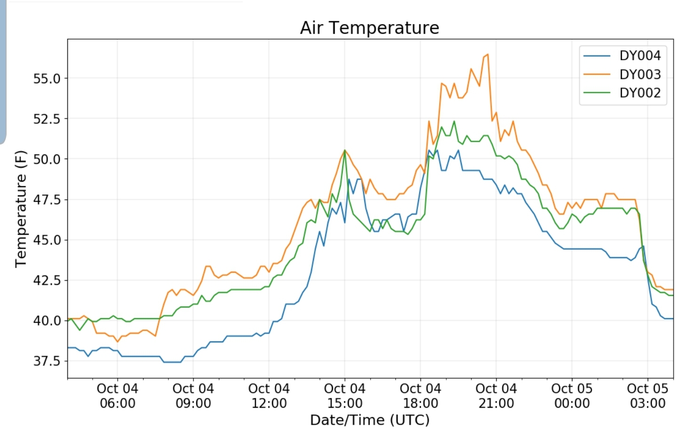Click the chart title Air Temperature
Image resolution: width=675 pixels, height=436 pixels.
370,28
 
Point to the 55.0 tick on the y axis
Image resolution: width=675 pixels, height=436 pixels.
47,79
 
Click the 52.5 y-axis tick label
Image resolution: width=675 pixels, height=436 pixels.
47,119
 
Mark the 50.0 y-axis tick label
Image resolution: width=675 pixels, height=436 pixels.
47,159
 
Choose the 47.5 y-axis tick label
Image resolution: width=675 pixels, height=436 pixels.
47,200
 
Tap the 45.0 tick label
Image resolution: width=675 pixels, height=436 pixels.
47,240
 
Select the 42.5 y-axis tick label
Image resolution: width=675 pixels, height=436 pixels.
47,280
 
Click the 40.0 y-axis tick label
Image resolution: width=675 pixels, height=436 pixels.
47,321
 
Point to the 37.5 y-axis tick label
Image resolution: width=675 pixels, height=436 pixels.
47,361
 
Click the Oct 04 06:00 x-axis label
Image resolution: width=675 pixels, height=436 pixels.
117,396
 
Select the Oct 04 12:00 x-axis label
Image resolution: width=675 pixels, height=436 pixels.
269,396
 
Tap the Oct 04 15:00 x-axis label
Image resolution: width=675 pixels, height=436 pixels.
345,396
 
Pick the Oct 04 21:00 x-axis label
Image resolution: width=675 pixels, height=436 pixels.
496,396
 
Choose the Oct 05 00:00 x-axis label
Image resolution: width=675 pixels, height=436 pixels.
572,396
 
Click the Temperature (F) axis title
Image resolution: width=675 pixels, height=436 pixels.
20,209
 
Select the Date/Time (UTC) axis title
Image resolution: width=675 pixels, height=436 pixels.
370,420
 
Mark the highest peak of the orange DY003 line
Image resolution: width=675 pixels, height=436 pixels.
488,55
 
